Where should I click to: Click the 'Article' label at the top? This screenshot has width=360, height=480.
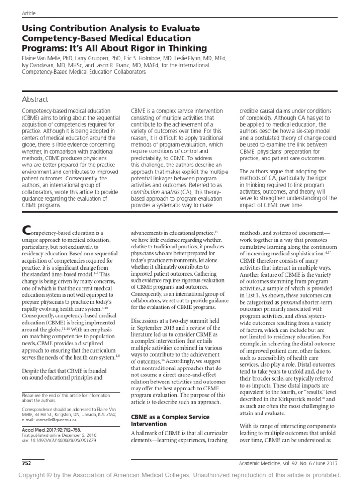pyautogui.click(x=29, y=14)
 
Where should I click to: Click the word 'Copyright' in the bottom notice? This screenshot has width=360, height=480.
pyautogui.click(x=33, y=474)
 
